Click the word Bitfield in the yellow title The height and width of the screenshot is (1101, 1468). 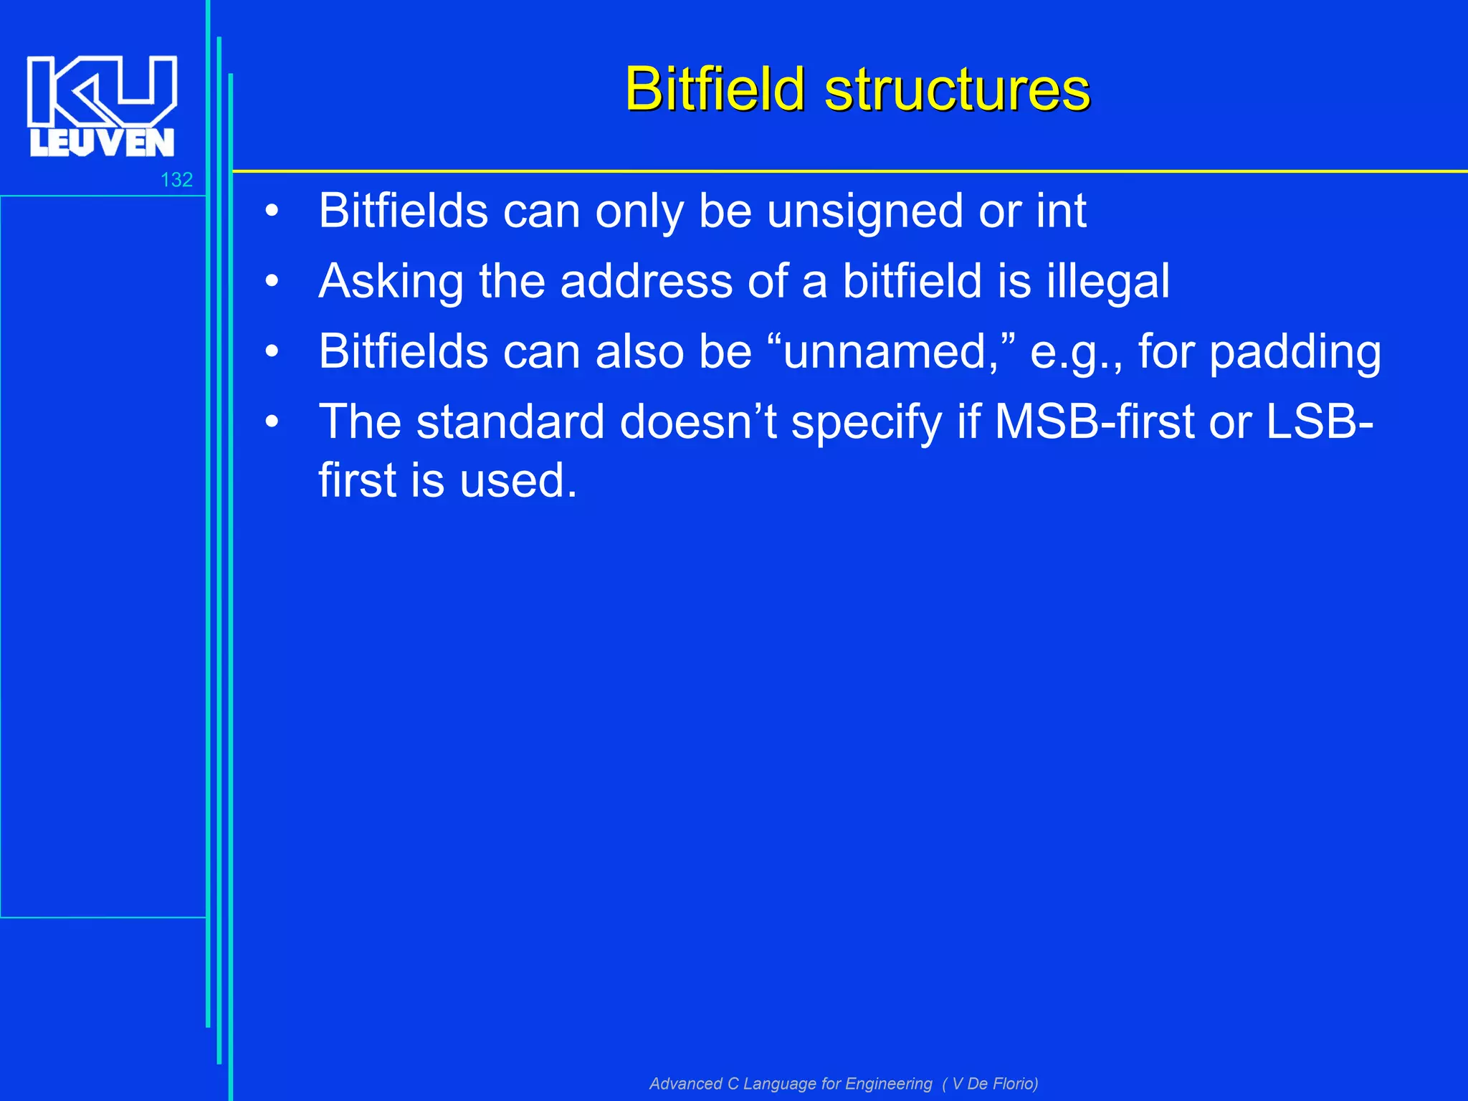tap(715, 90)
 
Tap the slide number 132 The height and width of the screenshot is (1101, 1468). tap(176, 180)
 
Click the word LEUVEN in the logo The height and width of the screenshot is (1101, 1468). tap(102, 143)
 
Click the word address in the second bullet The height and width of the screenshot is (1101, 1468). tap(646, 281)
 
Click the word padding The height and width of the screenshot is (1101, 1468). tap(1295, 353)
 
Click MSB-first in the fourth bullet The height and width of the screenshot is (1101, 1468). tap(1094, 421)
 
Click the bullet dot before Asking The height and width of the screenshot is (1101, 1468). tap(271, 282)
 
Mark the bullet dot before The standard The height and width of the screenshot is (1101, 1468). tap(271, 421)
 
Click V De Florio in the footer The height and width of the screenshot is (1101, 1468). tap(993, 1083)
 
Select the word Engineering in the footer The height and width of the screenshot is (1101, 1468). tap(889, 1083)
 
